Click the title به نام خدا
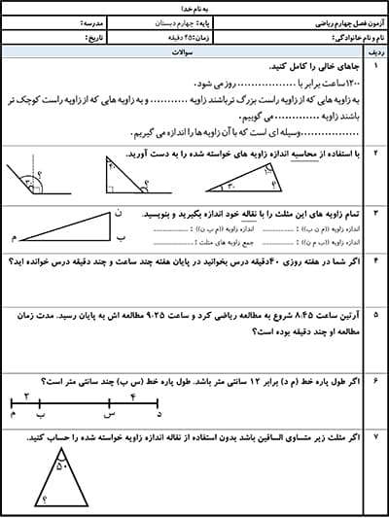tap(194, 6)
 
